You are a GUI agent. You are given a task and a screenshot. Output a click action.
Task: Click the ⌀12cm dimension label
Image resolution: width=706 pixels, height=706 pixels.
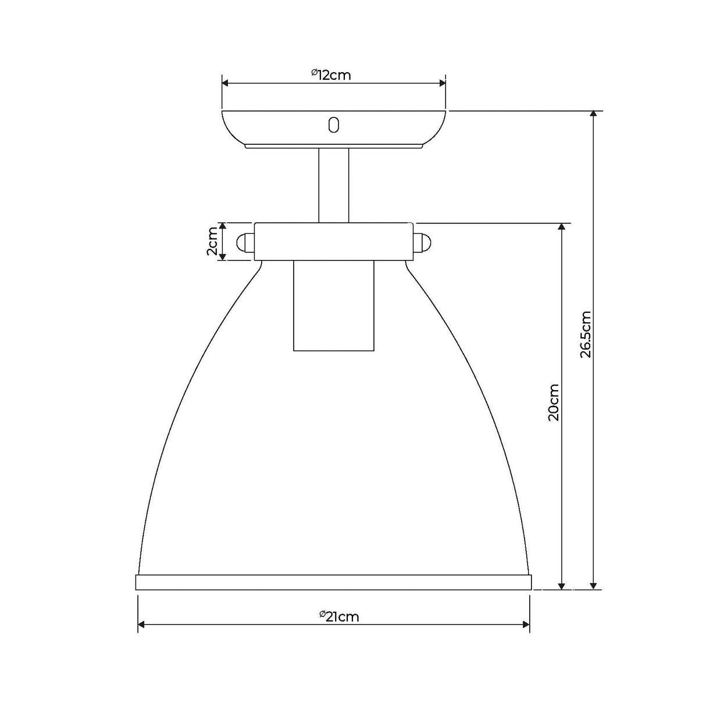(331, 75)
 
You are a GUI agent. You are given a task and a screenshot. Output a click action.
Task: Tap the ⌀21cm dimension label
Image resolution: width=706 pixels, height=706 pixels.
(339, 617)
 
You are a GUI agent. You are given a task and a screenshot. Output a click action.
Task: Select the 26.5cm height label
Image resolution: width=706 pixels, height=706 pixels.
(586, 334)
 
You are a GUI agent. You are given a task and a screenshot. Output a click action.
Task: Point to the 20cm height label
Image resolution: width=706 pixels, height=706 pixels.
(554, 402)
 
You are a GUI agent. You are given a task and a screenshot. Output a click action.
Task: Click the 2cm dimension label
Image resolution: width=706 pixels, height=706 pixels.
(212, 241)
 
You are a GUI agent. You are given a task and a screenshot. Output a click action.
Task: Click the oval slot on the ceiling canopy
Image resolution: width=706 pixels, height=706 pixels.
(333, 124)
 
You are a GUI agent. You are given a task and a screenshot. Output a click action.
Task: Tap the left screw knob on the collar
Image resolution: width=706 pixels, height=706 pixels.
(246, 242)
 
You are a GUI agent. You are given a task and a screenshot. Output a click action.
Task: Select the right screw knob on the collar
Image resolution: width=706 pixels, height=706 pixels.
(422, 242)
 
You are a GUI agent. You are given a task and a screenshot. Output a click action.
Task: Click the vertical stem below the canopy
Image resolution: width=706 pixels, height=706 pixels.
(333, 185)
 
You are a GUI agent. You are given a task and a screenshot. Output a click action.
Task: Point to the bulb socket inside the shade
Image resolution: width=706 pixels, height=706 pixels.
(333, 305)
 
